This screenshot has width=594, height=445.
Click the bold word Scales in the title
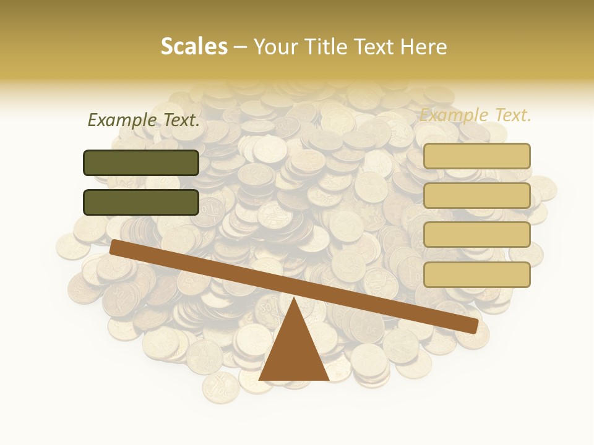(x=194, y=47)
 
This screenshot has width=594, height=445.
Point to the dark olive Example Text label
(x=144, y=120)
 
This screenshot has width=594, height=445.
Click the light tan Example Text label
(x=475, y=115)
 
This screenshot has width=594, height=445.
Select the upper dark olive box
(x=141, y=163)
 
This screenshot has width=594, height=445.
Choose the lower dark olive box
(x=141, y=202)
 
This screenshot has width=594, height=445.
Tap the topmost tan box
(x=477, y=156)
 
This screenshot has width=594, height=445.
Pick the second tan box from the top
(x=477, y=195)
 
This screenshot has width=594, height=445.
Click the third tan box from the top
(x=477, y=235)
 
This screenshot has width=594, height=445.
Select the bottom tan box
(x=477, y=274)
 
